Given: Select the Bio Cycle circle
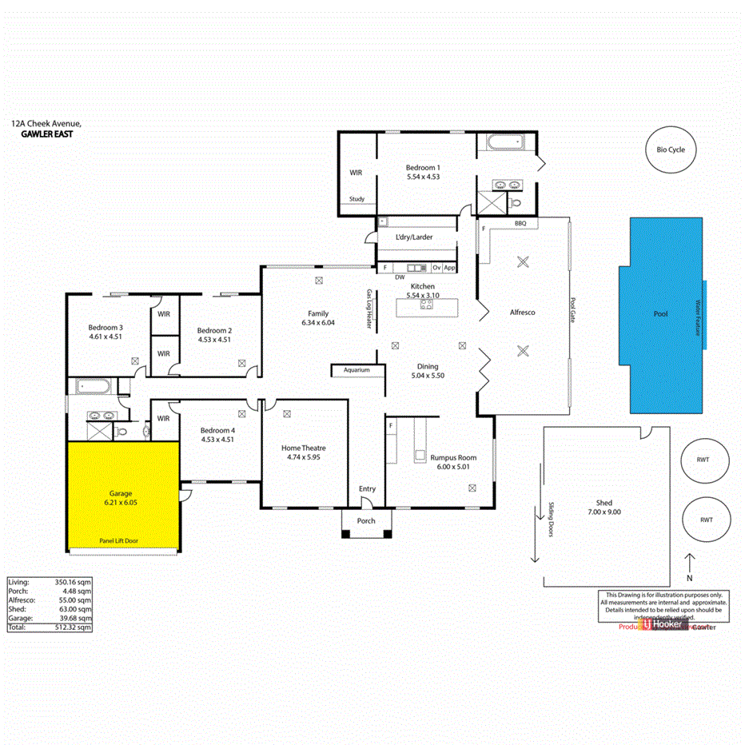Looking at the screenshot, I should pyautogui.click(x=671, y=149).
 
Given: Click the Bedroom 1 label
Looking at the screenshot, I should pyautogui.click(x=423, y=167).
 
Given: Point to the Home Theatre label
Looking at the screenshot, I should pyautogui.click(x=303, y=448).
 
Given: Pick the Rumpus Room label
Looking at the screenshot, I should pyautogui.click(x=453, y=458).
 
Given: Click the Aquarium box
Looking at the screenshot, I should pyautogui.click(x=357, y=370).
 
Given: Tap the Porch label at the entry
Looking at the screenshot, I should pyautogui.click(x=366, y=521).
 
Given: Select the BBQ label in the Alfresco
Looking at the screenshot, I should pyautogui.click(x=520, y=224).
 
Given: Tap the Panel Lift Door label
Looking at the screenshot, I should pyautogui.click(x=118, y=541).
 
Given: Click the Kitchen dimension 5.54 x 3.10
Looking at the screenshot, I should pyautogui.click(x=422, y=296).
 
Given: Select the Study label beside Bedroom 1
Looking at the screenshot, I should pyautogui.click(x=357, y=200).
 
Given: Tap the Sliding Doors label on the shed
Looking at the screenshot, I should pyautogui.click(x=552, y=519).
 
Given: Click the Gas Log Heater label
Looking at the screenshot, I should pyautogui.click(x=369, y=309).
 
